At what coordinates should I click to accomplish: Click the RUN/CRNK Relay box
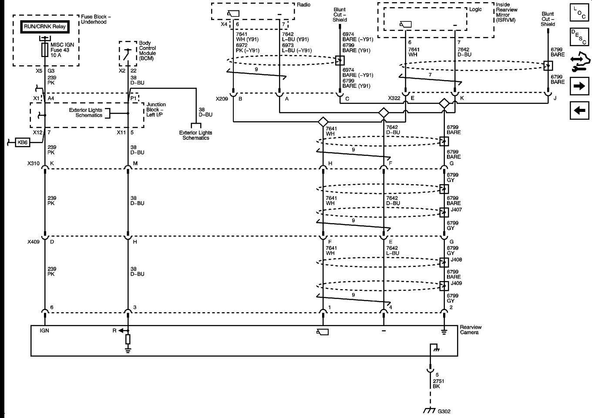coord(45,27)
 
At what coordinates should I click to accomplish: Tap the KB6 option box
coord(22,142)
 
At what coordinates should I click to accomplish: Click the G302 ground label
coord(444,411)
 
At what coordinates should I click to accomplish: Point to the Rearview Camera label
coord(471,330)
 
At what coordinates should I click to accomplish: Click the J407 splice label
coord(456,210)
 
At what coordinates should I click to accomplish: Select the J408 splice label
coord(456,260)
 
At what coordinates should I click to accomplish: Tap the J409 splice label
coord(456,283)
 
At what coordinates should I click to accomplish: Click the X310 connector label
coord(34,164)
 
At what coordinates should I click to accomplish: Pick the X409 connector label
coord(34,242)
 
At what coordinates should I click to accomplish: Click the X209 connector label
coord(222,99)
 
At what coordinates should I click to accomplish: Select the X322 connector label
coord(394,98)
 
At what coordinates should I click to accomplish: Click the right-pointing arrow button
coord(579,86)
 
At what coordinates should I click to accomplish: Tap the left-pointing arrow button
coord(579,110)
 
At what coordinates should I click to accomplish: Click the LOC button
coord(579,12)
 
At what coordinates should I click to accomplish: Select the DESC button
coord(579,37)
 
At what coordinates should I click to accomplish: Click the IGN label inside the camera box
coord(44,331)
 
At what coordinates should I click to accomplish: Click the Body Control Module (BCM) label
coord(147,51)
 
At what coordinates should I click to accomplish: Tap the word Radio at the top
coord(303,5)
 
